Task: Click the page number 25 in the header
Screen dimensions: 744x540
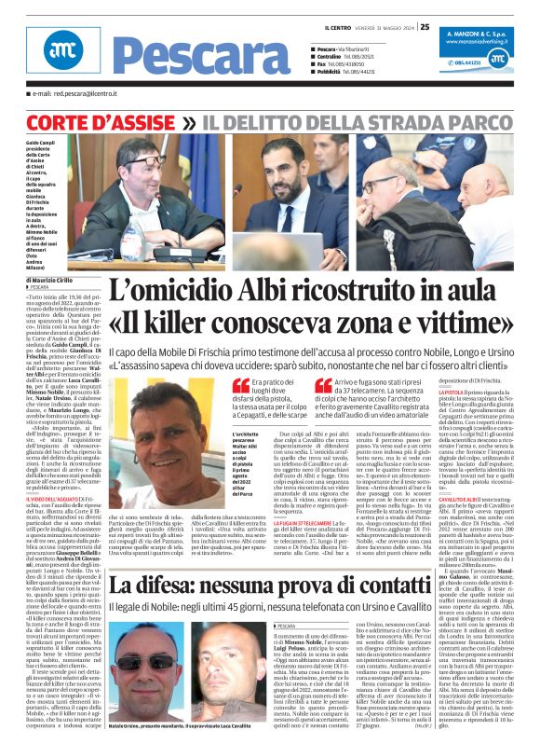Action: [x=424, y=12]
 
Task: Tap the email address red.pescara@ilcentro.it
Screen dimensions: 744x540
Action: [x=79, y=93]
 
